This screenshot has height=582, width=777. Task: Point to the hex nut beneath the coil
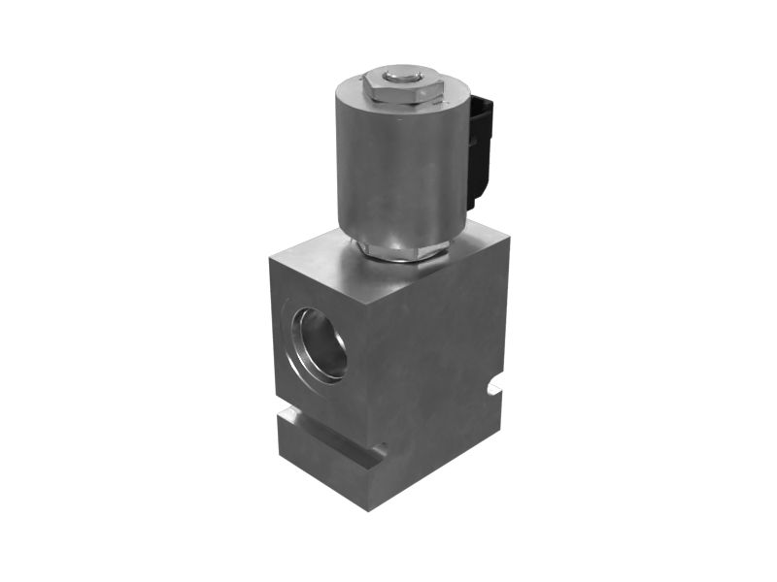pyautogui.click(x=400, y=250)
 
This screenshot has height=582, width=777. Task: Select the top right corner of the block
pyautogui.click(x=507, y=233)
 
